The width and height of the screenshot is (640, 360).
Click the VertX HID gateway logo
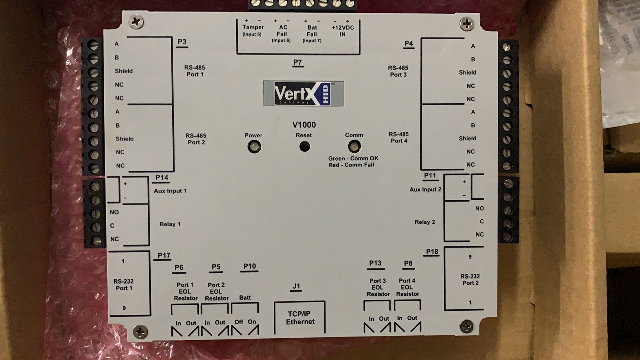tap(303, 94)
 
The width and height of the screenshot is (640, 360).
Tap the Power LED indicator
tap(254, 147)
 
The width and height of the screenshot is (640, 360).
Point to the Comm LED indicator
tap(354, 147)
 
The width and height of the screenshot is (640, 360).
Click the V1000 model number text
tap(304, 125)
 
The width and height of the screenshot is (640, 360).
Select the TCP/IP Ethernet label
tap(300, 318)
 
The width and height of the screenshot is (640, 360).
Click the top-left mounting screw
tap(136, 22)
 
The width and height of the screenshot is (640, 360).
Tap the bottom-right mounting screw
tap(466, 326)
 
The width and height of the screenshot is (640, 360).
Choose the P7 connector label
tap(298, 62)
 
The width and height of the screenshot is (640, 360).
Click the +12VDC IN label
tap(342, 31)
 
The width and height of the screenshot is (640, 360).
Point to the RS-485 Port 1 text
tap(195, 71)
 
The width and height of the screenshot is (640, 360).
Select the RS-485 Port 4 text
tap(399, 137)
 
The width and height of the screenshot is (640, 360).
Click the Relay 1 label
tap(170, 224)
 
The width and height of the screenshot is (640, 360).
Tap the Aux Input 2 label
tap(425, 190)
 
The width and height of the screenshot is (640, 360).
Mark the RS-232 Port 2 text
tap(470, 280)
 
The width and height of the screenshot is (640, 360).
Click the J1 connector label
tap(296, 286)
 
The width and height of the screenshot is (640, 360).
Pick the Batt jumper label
tap(245, 298)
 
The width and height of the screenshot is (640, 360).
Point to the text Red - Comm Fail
tap(351, 165)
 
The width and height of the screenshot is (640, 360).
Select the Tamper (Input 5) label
tap(252, 30)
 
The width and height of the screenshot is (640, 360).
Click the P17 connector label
tap(164, 256)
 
